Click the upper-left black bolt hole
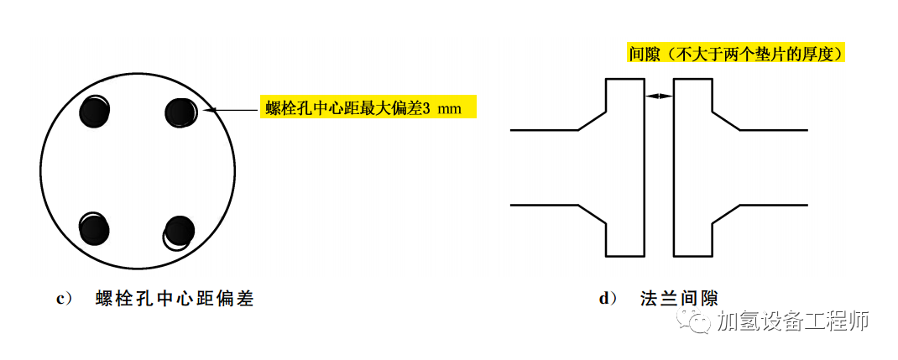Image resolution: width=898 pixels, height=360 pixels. coord(94,111)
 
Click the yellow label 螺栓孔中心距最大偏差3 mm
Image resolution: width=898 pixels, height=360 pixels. coord(368,107)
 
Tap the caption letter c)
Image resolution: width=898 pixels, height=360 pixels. coord(60,298)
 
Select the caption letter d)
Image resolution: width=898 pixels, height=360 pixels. coord(608,298)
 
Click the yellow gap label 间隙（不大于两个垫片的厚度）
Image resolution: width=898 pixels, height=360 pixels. coord(736,54)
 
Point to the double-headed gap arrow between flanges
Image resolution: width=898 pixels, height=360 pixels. coord(659,97)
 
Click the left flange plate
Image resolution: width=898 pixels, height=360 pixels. coord(624,168)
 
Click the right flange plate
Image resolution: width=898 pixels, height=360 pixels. coord(692,168)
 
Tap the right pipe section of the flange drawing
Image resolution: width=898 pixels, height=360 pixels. coord(772,168)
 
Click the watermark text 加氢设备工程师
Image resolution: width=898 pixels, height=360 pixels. coord(792,321)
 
